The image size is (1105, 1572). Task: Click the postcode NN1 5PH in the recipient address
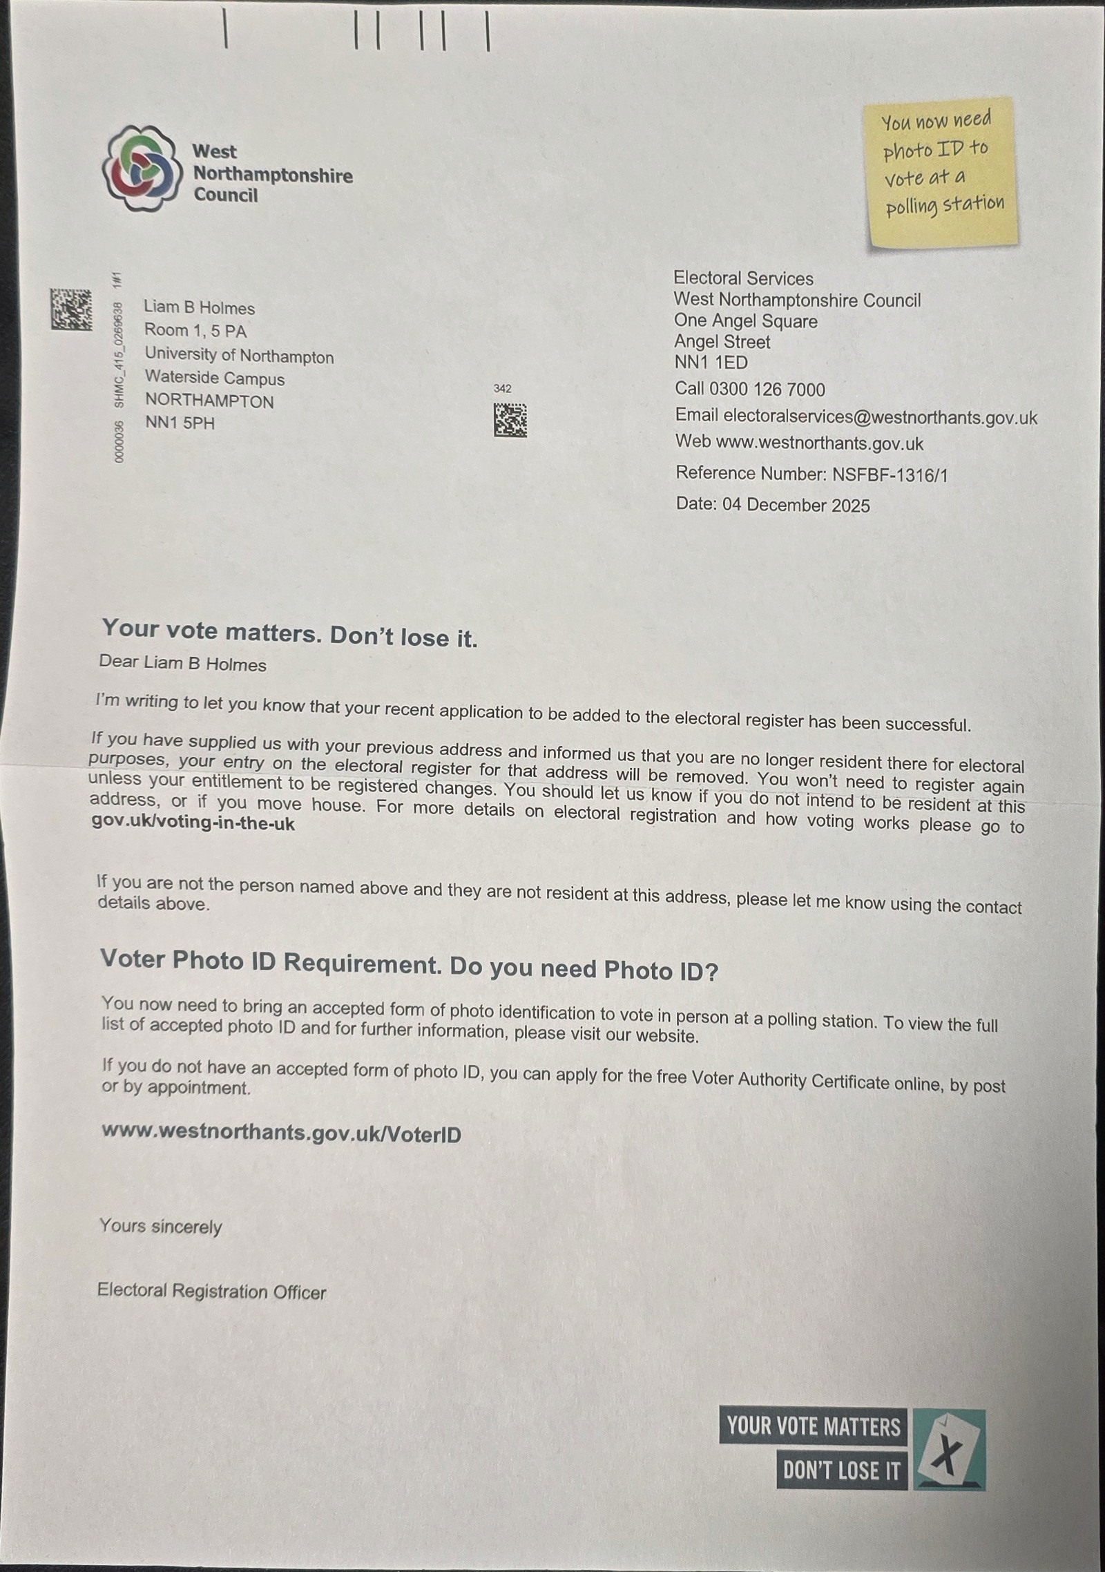pos(180,423)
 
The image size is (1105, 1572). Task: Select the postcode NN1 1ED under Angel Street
pos(711,363)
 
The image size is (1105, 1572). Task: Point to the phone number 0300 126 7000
pos(767,390)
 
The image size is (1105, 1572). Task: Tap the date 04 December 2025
pos(796,505)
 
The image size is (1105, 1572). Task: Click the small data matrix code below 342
pos(510,420)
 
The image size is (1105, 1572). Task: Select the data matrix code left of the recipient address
pos(70,309)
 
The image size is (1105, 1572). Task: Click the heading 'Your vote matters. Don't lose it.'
pos(289,633)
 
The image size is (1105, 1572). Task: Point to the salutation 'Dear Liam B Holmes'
pos(182,664)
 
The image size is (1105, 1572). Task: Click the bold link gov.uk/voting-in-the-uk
pos(193,823)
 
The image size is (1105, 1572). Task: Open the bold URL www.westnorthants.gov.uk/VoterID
pos(281,1133)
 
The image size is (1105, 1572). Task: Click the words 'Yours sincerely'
pos(160,1226)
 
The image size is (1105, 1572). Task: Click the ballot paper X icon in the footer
pos(949,1449)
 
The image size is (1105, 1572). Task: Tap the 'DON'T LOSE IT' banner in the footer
pos(841,1470)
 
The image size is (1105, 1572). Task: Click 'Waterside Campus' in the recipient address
pos(214,378)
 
